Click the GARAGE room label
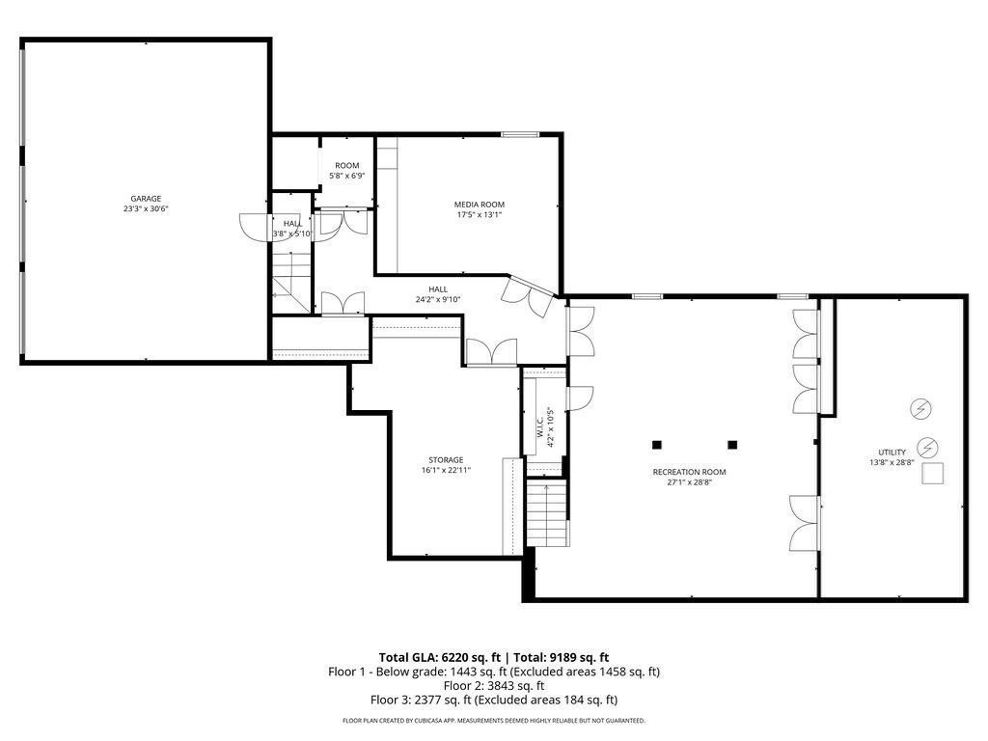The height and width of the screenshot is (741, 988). (x=146, y=199)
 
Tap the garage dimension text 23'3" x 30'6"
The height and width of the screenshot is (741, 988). (x=146, y=208)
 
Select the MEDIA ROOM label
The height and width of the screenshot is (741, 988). (x=480, y=204)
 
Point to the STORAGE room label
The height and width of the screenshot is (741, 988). (x=446, y=459)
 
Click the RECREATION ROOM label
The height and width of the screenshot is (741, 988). (x=689, y=472)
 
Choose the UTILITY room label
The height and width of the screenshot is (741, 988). (x=892, y=452)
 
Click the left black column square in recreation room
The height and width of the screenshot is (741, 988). (x=657, y=445)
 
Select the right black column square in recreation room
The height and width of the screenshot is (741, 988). (x=732, y=445)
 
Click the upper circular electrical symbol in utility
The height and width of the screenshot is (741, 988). (x=920, y=409)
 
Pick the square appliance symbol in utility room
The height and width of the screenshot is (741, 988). (x=932, y=474)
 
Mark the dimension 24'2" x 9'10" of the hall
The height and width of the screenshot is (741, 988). (x=439, y=299)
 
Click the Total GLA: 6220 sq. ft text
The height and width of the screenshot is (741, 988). (x=434, y=656)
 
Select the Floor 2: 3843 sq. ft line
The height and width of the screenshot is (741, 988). (x=493, y=685)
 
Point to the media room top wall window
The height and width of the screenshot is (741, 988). (x=520, y=134)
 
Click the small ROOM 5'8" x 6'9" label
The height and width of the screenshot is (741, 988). (x=346, y=171)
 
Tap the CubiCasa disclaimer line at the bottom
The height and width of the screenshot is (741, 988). (x=493, y=721)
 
